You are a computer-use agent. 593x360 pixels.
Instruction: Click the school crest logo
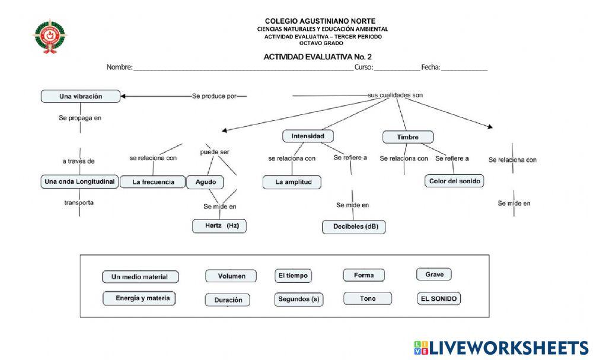pyautogui.click(x=49, y=35)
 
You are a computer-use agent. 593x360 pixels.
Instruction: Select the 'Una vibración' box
pyautogui.click(x=81, y=96)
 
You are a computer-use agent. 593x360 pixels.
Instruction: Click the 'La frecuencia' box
pyautogui.click(x=153, y=182)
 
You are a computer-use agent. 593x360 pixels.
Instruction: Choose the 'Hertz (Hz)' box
pyautogui.click(x=219, y=226)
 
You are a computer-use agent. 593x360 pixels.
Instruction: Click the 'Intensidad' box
pyautogui.click(x=308, y=136)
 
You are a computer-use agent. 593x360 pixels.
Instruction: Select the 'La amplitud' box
pyautogui.click(x=292, y=182)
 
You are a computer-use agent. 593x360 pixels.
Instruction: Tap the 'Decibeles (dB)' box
pyautogui.click(x=354, y=227)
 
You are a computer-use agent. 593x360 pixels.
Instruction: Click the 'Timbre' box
pyautogui.click(x=407, y=137)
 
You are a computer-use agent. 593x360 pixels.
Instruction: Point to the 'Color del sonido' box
pyautogui.click(x=454, y=181)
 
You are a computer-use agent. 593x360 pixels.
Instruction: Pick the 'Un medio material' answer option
pyautogui.click(x=140, y=276)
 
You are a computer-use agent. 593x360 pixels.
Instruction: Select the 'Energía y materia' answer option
pyautogui.click(x=139, y=298)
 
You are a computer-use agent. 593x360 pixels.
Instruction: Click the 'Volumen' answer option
pyautogui.click(x=231, y=276)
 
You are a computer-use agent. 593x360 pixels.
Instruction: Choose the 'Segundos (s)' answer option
pyautogui.click(x=299, y=300)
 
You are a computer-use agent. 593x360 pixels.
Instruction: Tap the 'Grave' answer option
pyautogui.click(x=434, y=274)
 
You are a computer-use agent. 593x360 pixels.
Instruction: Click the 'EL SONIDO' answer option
pyautogui.click(x=438, y=299)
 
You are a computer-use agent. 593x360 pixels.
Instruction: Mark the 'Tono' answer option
pyautogui.click(x=368, y=298)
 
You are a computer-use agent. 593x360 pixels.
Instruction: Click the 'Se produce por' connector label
pyautogui.click(x=214, y=96)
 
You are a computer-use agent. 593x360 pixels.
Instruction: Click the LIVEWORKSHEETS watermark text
pyautogui.click(x=500, y=348)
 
